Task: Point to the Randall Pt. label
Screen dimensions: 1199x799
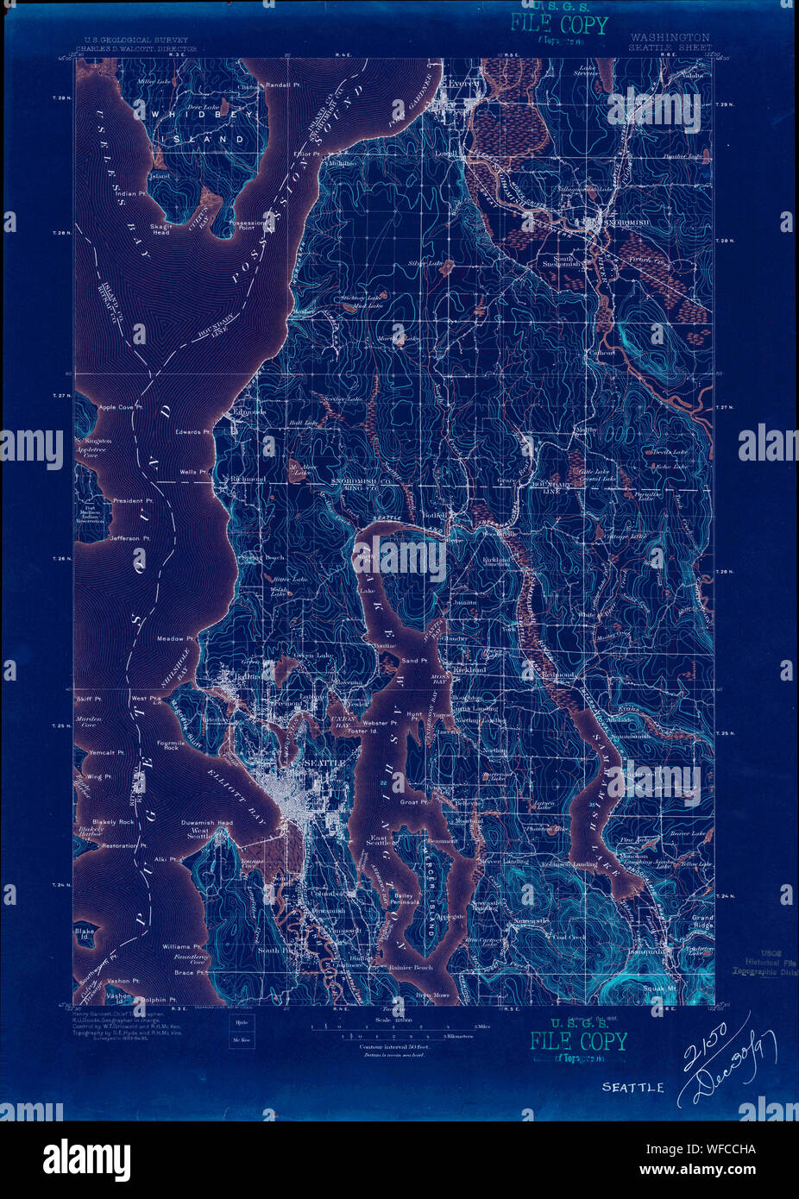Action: point(281,85)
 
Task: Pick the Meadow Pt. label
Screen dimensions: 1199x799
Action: point(172,638)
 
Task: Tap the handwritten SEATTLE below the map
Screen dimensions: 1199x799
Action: point(632,1088)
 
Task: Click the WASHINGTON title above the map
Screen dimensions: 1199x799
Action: point(670,38)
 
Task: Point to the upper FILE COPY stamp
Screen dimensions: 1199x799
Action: point(559,24)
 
